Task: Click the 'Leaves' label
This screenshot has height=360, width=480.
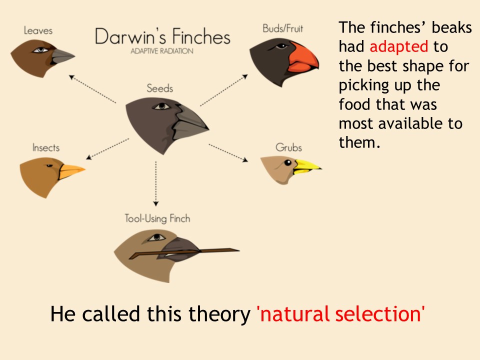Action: pos(38,30)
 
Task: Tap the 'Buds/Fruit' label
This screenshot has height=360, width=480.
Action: pos(282,28)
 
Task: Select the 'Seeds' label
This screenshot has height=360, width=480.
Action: pos(160,88)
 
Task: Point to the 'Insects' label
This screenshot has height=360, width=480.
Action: pos(46,147)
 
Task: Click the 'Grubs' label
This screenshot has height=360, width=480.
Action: pos(288,147)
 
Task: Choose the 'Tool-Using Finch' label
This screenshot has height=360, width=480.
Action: pos(157,218)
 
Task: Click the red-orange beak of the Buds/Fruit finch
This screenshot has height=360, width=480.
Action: pos(303,58)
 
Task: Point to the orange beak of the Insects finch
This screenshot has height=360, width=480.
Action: pos(70,171)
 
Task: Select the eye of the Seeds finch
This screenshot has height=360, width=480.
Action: pos(161,106)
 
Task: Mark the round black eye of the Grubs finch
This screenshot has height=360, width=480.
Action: pos(288,162)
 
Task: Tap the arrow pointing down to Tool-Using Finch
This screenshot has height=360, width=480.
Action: pos(156,183)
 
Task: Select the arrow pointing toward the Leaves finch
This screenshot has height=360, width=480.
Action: pos(92,89)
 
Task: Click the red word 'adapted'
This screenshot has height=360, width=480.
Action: pos(398,46)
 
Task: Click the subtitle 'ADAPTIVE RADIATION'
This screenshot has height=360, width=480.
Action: pos(162,51)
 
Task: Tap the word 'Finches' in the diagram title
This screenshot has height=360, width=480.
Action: pos(201,36)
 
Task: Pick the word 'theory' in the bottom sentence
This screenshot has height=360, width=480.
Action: pos(219,314)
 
